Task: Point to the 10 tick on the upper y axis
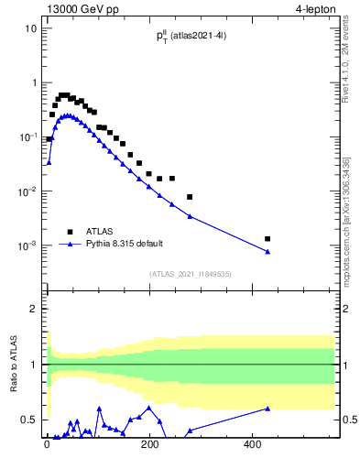31,27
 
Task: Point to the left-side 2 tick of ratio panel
33,309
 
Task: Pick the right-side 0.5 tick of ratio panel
349,420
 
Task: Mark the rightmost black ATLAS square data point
267,239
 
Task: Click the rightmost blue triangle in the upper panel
267,251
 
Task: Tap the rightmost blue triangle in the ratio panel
267,409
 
